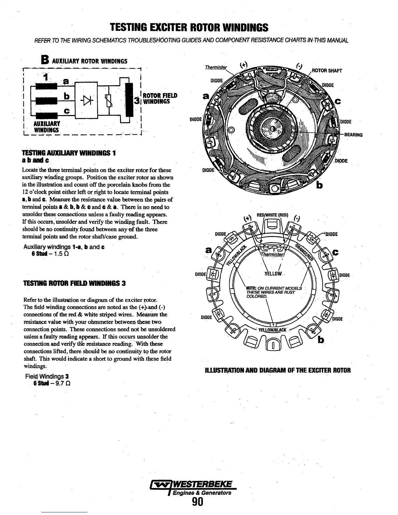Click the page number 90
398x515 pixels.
click(197, 502)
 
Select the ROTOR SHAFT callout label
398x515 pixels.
click(326, 71)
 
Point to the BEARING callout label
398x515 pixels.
click(353, 135)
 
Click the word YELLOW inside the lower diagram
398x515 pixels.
click(273, 274)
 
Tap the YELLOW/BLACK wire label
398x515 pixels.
click(272, 330)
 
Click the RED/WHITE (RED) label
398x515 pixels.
click(272, 215)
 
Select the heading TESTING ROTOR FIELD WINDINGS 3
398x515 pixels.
click(74, 283)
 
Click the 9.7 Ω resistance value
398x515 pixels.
click(62, 383)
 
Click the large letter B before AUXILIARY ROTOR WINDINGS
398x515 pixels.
click(45, 60)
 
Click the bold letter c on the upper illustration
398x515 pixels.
click(338, 101)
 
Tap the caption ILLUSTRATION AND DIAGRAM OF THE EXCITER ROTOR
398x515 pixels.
click(278, 370)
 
